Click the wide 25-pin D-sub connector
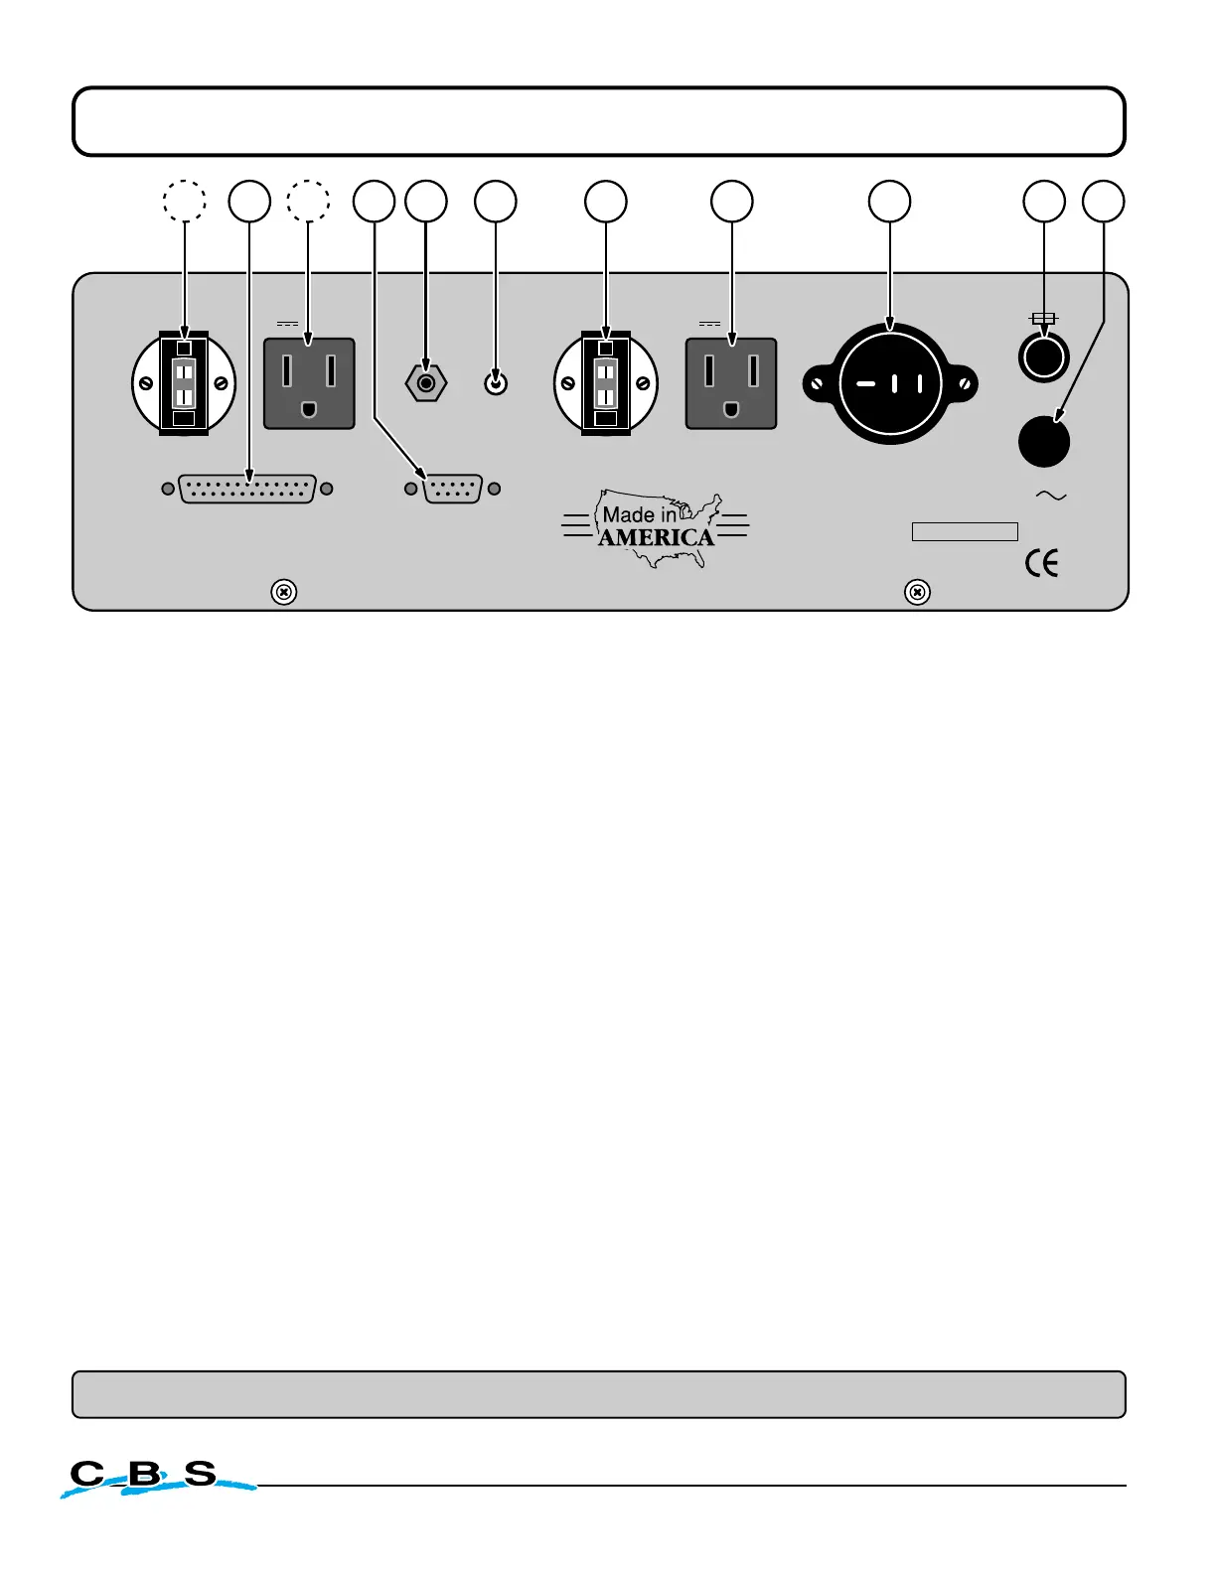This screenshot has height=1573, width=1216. [x=247, y=489]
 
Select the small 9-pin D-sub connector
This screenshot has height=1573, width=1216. [x=453, y=489]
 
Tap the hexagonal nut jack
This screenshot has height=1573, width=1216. [x=426, y=382]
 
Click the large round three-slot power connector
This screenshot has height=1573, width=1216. [x=890, y=383]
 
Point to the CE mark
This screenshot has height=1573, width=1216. [x=1041, y=563]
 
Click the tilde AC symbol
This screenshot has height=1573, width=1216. [x=1050, y=496]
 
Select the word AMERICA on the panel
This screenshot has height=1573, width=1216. [x=656, y=537]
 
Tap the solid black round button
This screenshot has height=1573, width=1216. [x=1044, y=442]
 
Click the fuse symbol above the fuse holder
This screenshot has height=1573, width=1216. [x=1043, y=319]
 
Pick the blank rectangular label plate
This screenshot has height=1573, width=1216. [x=965, y=531]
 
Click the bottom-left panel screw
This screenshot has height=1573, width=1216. [x=283, y=592]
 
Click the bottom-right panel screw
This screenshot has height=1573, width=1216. [x=918, y=592]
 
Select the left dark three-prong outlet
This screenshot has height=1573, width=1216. [x=309, y=383]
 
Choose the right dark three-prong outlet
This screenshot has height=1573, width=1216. [x=731, y=383]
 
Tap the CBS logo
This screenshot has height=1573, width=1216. [x=149, y=1477]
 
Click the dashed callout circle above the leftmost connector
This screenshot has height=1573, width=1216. [x=185, y=201]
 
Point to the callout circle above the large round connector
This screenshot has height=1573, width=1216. [x=889, y=201]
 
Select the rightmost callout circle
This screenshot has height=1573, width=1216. [x=1104, y=201]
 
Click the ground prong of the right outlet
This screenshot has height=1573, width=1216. [x=731, y=408]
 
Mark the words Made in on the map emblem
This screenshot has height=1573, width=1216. [x=639, y=514]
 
